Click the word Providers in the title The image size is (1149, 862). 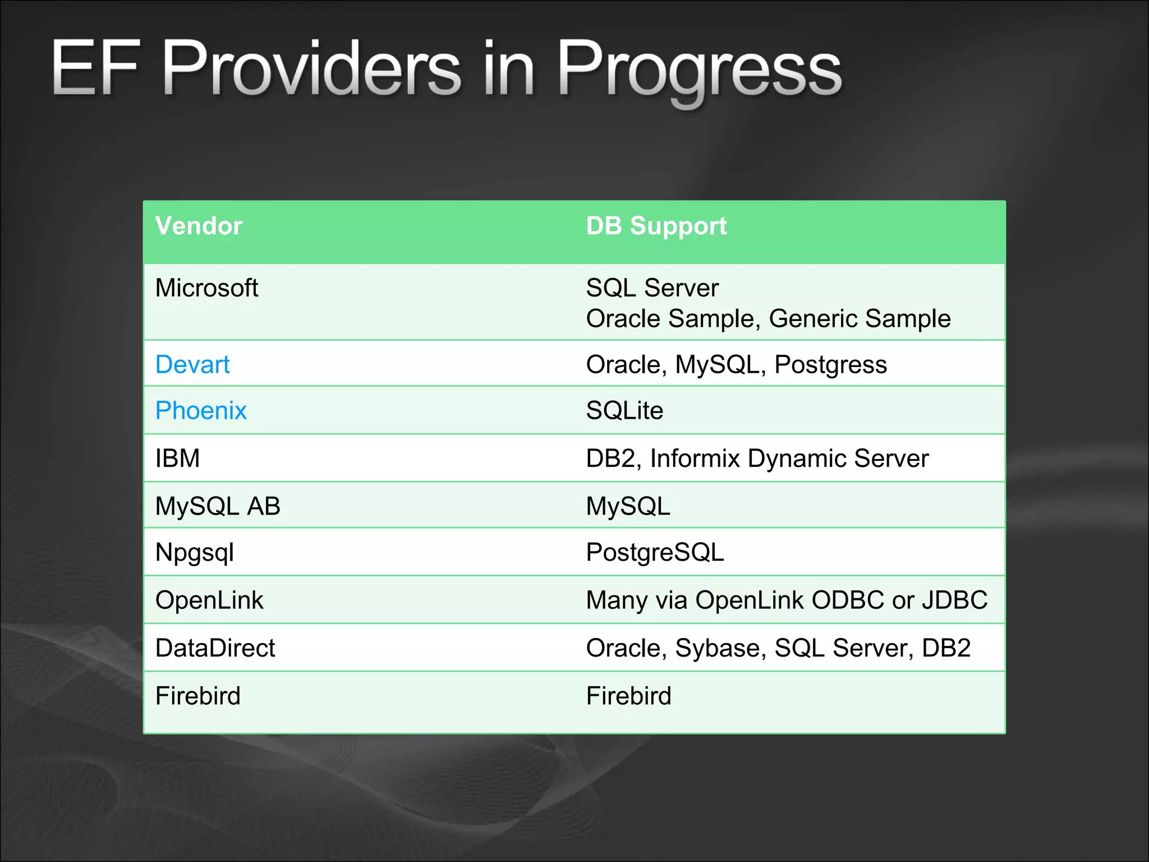coord(311,70)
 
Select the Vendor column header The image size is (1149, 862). coord(199,226)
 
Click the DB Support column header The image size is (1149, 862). coord(656,226)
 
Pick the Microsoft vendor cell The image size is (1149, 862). coord(206,288)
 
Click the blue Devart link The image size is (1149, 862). coord(192,365)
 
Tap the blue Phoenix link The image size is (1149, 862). coord(201,411)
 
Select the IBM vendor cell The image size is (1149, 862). coord(177,458)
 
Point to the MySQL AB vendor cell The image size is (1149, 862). coord(218,506)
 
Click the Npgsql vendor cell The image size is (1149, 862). coord(194,553)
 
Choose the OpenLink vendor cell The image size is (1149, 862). coord(209,600)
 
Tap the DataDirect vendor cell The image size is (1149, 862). coord(215,648)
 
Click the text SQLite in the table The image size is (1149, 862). coord(624,411)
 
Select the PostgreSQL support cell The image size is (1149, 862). coord(655,553)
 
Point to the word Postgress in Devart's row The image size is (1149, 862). coord(830,365)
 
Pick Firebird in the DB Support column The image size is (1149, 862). coord(628,696)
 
